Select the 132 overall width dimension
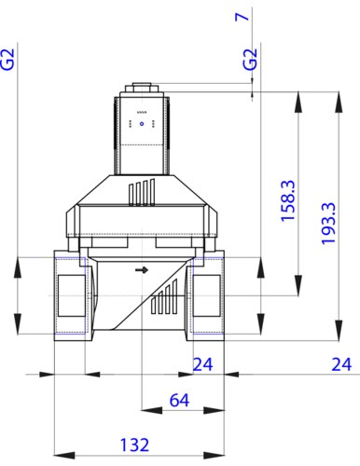(138, 444)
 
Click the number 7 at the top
(249, 17)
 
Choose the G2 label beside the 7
(249, 62)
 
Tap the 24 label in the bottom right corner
(344, 363)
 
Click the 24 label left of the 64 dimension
(203, 363)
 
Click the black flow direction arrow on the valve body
(141, 270)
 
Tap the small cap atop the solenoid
(142, 90)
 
